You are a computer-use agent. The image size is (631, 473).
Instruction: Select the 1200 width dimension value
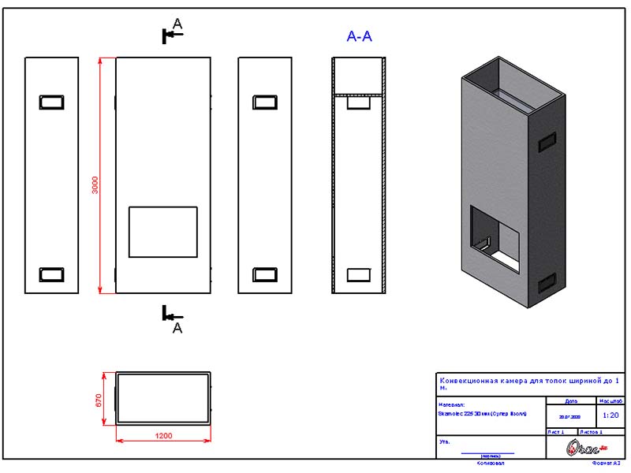[163, 436]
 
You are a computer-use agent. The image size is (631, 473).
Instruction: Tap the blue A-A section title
[359, 36]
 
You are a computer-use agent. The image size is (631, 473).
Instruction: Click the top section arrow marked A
[171, 33]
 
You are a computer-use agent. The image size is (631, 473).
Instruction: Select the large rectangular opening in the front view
[163, 232]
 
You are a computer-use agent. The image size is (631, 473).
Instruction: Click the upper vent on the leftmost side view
[52, 102]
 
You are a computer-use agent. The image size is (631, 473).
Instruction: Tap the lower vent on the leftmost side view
[52, 274]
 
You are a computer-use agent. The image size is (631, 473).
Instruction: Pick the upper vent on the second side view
[264, 102]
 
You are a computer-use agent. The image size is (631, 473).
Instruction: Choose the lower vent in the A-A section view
[359, 274]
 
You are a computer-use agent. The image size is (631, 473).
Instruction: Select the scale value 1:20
[610, 414]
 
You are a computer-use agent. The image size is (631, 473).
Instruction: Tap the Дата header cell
[571, 400]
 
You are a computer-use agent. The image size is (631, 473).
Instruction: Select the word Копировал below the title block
[489, 464]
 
